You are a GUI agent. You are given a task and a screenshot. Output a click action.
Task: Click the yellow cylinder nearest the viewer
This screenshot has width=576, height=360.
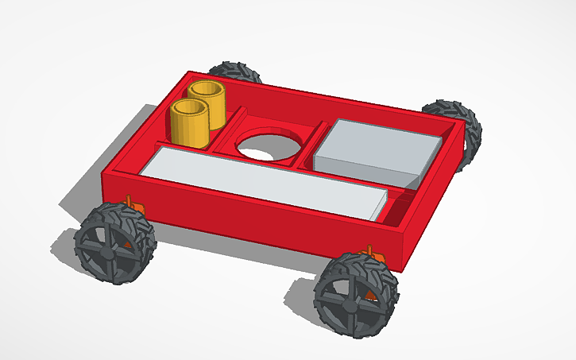point(188,127)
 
